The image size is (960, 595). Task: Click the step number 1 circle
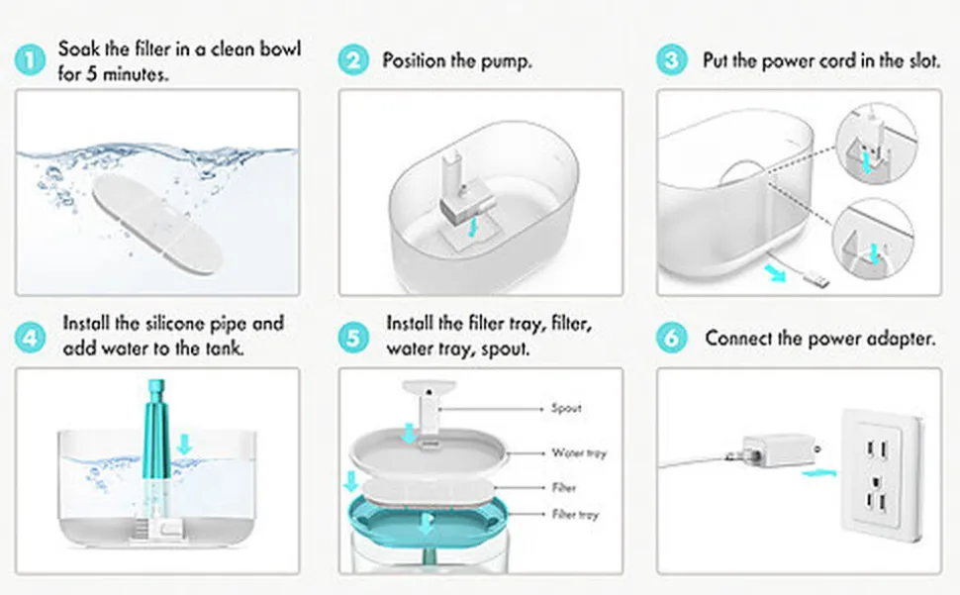pos(30,60)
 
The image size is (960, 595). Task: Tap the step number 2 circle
pos(353,60)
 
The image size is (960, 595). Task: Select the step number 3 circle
pos(672,60)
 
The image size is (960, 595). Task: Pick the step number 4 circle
pos(30,338)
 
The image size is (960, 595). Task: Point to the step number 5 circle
pos(353,338)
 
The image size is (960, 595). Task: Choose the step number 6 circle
pos(672,338)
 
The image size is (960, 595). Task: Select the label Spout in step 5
pos(566,408)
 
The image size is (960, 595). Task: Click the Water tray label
pos(579,453)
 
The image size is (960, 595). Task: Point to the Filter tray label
pos(575,514)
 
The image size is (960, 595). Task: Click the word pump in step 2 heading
pos(505,61)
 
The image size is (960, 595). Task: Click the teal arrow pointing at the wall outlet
pos(819,472)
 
